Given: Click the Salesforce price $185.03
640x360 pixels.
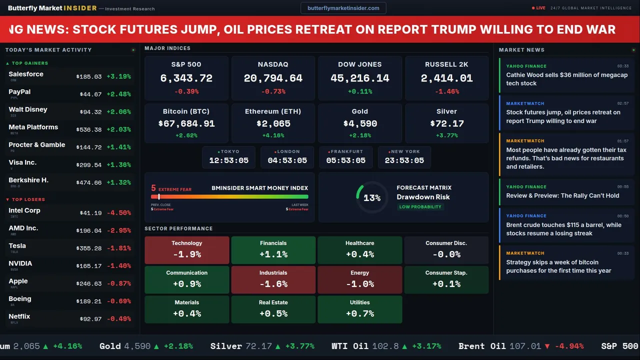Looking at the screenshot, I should [x=89, y=76].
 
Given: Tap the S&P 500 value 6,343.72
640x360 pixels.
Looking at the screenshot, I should [x=186, y=78].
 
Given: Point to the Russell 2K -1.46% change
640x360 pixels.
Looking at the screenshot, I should [x=446, y=91].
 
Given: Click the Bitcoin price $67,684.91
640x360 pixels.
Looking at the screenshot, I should [x=186, y=123].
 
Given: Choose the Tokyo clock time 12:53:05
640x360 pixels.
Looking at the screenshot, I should [x=228, y=160].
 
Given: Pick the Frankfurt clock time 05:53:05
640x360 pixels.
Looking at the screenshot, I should [x=346, y=160].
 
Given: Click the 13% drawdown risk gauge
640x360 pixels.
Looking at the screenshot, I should [x=371, y=197].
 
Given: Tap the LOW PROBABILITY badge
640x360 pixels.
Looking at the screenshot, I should [x=420, y=207].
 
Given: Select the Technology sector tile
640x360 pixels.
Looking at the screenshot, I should [x=186, y=250].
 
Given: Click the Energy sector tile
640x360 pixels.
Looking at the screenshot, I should [x=359, y=279].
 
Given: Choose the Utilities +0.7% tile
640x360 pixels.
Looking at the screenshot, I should [x=359, y=309].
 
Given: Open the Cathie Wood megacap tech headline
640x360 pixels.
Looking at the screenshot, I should [x=566, y=79].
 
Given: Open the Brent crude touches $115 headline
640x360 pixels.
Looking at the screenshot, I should [x=563, y=229].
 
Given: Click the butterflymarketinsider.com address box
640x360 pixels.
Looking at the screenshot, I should [x=343, y=8].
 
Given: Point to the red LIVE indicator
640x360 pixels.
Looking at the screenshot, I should [x=539, y=8].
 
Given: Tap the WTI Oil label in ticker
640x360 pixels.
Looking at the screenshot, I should [x=349, y=346].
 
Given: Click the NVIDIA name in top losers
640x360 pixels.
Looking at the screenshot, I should [x=20, y=263].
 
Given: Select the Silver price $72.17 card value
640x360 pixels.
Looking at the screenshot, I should [x=446, y=123].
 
